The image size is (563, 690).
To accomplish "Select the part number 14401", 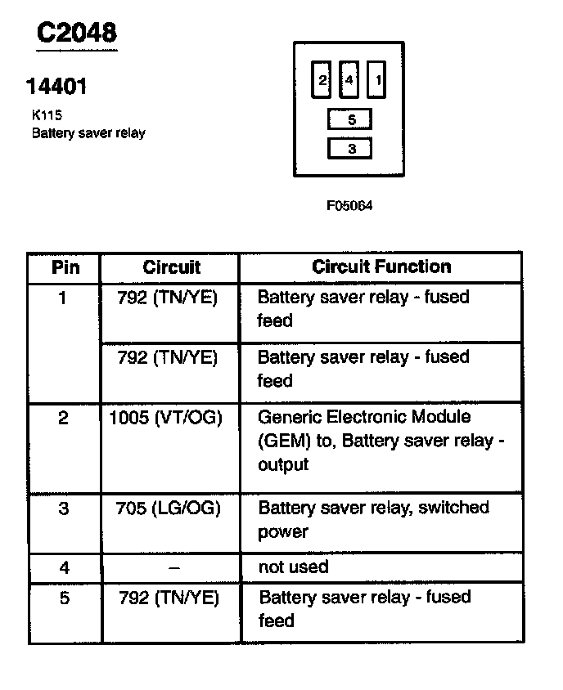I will tap(56, 86).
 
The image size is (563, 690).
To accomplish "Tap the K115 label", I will tap(47, 116).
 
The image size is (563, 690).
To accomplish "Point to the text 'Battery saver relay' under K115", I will tap(88, 132).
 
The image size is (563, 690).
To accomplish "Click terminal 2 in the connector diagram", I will tap(322, 80).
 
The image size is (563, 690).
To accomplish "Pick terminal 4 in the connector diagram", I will tap(349, 80).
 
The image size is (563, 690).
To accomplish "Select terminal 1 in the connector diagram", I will tap(377, 80).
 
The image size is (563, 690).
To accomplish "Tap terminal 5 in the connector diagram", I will tap(350, 120).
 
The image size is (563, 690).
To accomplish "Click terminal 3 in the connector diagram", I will tap(350, 149).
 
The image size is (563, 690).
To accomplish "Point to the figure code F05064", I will tap(349, 206).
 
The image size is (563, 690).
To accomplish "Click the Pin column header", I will tap(65, 267).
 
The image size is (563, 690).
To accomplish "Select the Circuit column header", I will tap(171, 267).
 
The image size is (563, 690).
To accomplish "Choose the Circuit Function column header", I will tap(381, 267).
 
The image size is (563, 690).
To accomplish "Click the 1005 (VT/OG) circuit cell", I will tap(165, 418).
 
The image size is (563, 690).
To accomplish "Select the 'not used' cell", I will tap(293, 567).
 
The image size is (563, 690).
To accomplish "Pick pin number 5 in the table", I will tap(65, 598).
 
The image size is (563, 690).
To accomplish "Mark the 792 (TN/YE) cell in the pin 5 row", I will tap(169, 598).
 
